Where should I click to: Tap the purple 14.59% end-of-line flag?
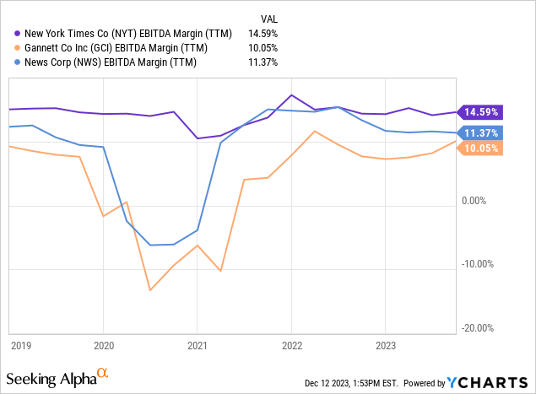pos(479,111)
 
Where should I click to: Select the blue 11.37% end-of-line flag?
pos(479,132)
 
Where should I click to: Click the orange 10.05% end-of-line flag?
pos(479,148)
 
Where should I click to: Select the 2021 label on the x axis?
pos(197,344)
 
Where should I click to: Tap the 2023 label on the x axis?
pos(385,344)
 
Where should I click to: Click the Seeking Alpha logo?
pos(57,375)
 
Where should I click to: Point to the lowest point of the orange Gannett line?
pos(150,290)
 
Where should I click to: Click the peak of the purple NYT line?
pos(291,95)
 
